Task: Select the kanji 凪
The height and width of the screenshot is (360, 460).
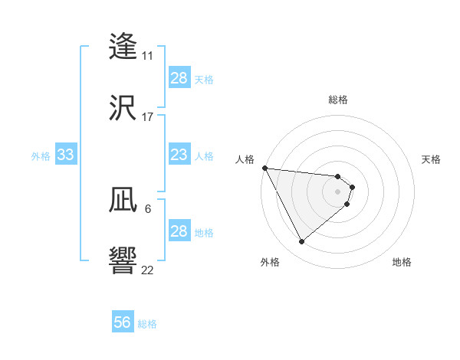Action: (x=123, y=200)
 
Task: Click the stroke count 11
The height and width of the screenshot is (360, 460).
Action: (x=147, y=56)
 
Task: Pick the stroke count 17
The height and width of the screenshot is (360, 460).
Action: (x=147, y=117)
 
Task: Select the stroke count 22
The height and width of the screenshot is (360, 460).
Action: (x=147, y=270)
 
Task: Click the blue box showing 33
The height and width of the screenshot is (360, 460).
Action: (x=65, y=155)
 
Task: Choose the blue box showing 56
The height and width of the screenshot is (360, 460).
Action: (x=122, y=322)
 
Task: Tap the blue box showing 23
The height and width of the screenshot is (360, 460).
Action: (x=179, y=155)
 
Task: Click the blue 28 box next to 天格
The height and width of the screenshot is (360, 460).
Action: (x=179, y=78)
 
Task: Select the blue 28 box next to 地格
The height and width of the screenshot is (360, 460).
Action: (x=179, y=231)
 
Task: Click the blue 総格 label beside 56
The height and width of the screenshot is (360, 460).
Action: (x=147, y=324)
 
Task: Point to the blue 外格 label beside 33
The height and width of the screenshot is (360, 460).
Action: (x=41, y=156)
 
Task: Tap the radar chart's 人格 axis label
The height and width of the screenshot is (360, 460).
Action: (x=245, y=159)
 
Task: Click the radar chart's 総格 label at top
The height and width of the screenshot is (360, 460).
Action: (x=338, y=100)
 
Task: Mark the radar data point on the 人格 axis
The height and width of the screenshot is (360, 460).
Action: (x=264, y=168)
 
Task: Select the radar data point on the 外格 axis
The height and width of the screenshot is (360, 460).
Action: (x=301, y=242)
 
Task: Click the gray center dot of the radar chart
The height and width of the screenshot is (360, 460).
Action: (x=338, y=191)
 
